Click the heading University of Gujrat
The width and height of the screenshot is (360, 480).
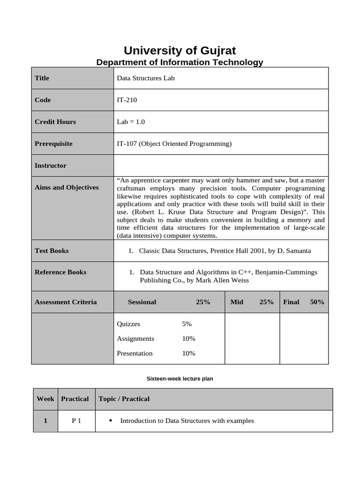(x=180, y=50)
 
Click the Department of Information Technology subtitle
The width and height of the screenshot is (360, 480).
(x=180, y=62)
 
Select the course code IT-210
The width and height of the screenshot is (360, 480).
(x=127, y=100)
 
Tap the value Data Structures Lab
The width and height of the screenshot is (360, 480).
(x=145, y=78)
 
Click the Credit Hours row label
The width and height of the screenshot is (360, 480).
(x=55, y=122)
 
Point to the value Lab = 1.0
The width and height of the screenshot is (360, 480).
(x=131, y=122)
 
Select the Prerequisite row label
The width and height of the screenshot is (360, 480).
(x=53, y=143)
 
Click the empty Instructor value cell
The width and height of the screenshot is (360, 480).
(x=221, y=165)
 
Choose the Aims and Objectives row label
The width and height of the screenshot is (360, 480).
(x=67, y=187)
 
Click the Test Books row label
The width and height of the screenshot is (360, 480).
(x=52, y=251)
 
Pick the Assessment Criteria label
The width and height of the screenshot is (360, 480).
(x=66, y=302)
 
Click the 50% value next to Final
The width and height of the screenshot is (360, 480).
(x=317, y=302)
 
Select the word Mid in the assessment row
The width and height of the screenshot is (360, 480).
(x=237, y=302)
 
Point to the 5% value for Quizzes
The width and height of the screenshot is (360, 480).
(x=187, y=324)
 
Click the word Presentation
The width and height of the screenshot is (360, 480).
(x=135, y=353)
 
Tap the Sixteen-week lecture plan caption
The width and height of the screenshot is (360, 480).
(x=180, y=378)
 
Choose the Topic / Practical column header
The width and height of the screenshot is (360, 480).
(x=124, y=399)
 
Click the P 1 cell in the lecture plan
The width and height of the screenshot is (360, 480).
(x=76, y=421)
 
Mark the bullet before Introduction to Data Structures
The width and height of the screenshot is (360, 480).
(x=110, y=421)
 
